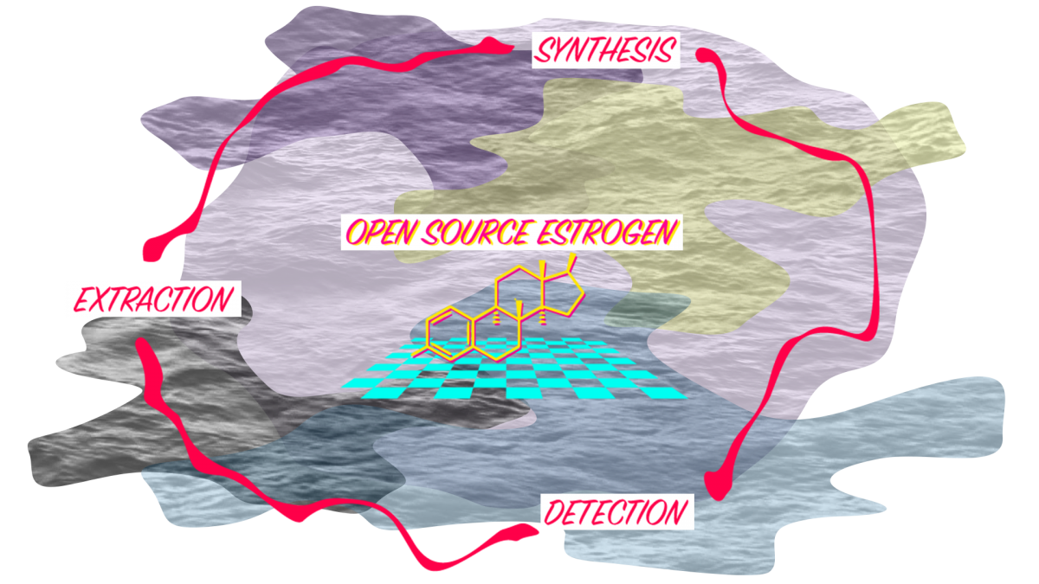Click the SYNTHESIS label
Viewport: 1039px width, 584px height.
point(605,49)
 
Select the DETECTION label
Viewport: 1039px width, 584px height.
point(616,512)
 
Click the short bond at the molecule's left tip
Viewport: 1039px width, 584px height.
point(420,350)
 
